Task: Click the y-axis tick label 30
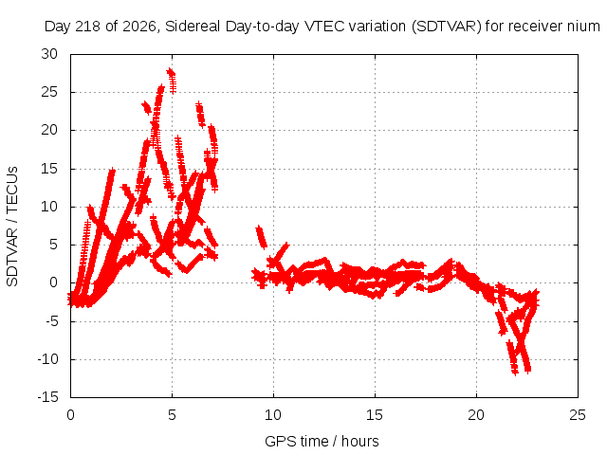click(49, 54)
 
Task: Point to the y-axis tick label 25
click(49, 92)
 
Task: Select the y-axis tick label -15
click(47, 397)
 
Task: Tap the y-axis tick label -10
click(47, 359)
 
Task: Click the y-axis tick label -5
click(51, 321)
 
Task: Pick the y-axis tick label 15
click(49, 169)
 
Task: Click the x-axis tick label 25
click(578, 415)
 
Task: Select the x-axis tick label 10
click(273, 415)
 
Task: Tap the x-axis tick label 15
click(375, 415)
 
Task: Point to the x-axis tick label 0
click(70, 415)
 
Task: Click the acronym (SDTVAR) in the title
click(446, 27)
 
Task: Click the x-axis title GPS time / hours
click(322, 442)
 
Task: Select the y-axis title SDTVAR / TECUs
click(12, 227)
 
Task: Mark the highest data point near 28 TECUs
click(170, 72)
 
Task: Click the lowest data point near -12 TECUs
click(514, 372)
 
